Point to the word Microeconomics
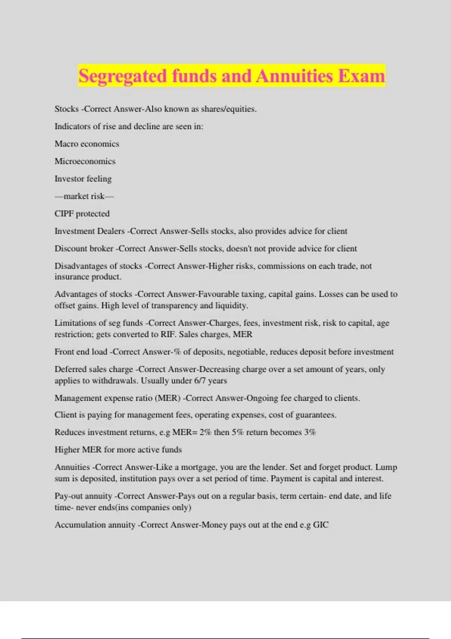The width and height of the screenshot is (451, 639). coord(85,161)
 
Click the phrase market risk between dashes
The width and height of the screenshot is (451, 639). coord(84,196)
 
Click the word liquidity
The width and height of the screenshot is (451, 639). coord(232,306)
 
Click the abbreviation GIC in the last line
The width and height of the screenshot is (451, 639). coord(321,525)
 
